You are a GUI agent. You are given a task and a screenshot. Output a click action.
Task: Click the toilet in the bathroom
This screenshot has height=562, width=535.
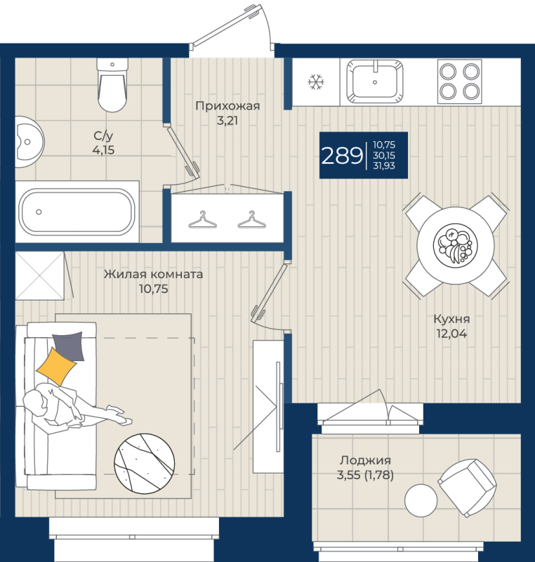click(113, 85)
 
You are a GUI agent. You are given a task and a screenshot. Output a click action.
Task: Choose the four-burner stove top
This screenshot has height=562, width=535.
click(460, 80)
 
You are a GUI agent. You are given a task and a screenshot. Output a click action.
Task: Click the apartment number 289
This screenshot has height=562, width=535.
click(342, 155)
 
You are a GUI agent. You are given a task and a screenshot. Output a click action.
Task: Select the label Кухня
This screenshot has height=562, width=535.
click(451, 318)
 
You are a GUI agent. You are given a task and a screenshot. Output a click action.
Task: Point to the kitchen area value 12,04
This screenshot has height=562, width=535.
click(451, 334)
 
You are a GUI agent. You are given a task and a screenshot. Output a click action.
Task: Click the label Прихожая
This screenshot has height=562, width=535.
click(227, 107)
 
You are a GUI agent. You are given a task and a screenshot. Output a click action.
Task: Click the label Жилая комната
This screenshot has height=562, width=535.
click(153, 274)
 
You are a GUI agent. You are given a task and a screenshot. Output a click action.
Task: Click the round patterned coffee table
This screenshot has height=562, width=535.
click(145, 460)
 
